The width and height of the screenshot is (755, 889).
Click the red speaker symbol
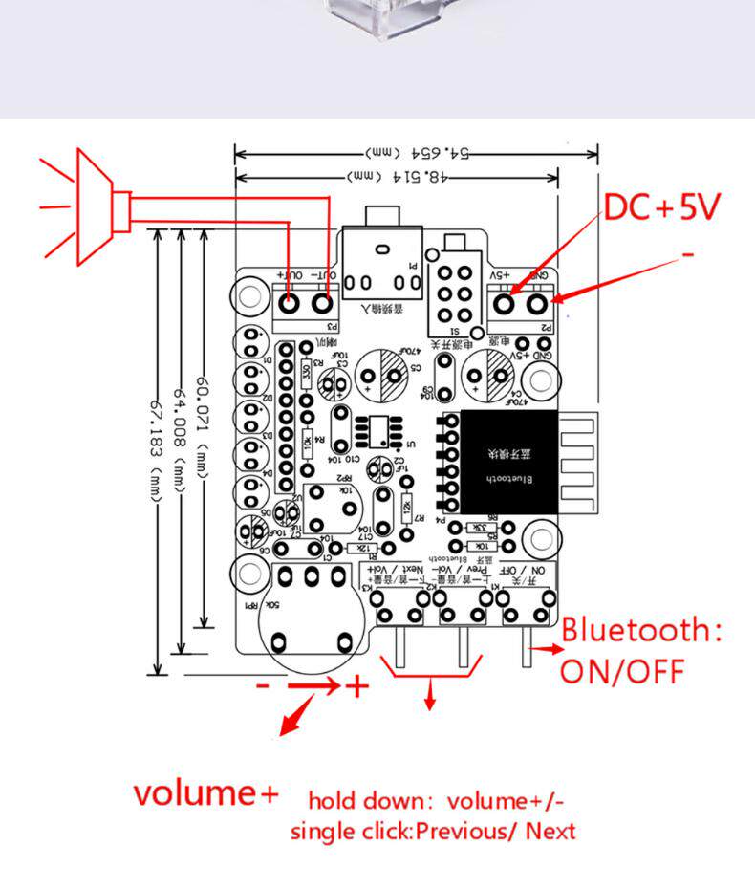[x=91, y=206]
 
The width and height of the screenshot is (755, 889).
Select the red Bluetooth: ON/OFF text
[x=640, y=650]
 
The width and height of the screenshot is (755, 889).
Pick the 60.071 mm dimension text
[x=202, y=410]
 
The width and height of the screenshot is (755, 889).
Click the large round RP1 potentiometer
[x=311, y=617]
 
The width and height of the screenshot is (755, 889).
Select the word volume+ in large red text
[x=206, y=792]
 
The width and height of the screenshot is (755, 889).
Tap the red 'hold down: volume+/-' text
[x=442, y=800]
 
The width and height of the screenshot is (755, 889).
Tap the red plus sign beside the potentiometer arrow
[x=356, y=685]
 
